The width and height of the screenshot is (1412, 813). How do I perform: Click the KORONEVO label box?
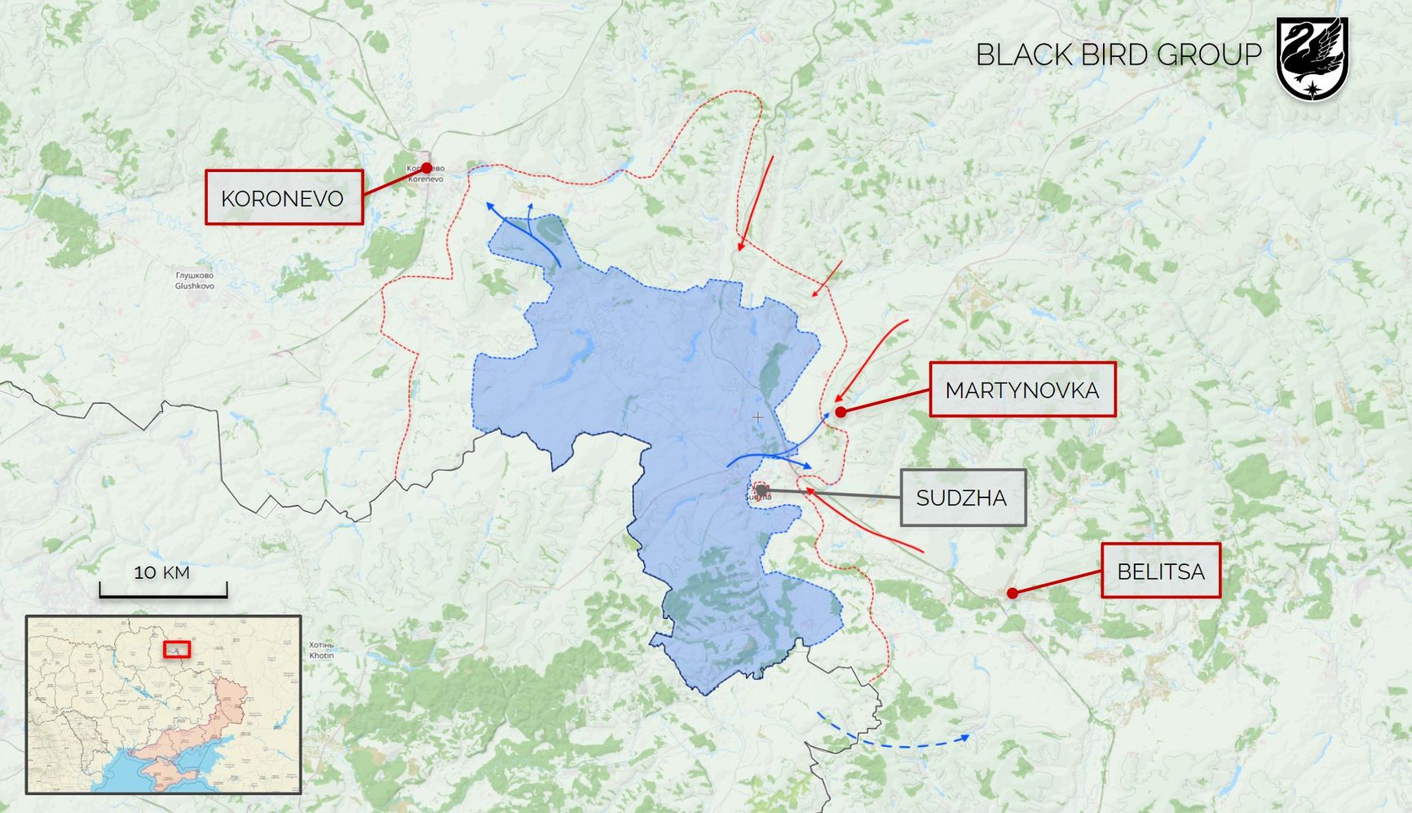tap(283, 197)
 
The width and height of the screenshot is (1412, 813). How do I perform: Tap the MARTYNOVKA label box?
tap(1021, 390)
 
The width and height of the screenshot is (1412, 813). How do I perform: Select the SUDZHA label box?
tap(962, 497)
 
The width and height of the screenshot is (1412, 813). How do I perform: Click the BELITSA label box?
tap(1160, 571)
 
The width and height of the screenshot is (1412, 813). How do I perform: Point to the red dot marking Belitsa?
tap(1012, 593)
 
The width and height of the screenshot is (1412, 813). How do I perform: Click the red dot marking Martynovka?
tap(841, 412)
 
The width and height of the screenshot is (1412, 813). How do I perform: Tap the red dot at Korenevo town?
tap(426, 168)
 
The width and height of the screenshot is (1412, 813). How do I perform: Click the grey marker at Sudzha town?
tap(762, 490)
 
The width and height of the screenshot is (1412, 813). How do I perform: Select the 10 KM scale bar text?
tap(162, 572)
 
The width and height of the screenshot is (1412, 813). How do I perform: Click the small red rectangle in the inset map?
tap(177, 649)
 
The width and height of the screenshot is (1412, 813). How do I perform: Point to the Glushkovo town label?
tap(194, 281)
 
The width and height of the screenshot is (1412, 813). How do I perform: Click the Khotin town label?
tap(321, 650)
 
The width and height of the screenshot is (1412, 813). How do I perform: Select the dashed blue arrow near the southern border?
tap(897, 743)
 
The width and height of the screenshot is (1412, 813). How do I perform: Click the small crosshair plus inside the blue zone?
tap(757, 417)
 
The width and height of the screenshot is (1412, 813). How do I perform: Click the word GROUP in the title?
tap(1209, 55)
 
